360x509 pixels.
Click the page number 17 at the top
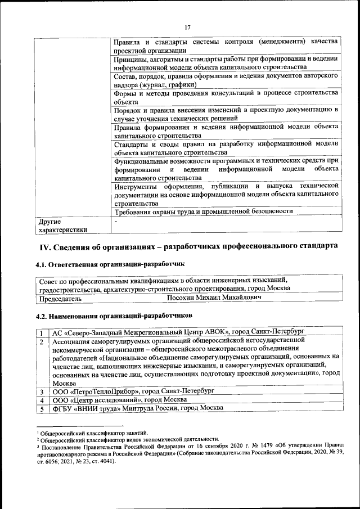188,27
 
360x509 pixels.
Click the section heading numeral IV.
45,246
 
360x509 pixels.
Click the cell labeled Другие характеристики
62,226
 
